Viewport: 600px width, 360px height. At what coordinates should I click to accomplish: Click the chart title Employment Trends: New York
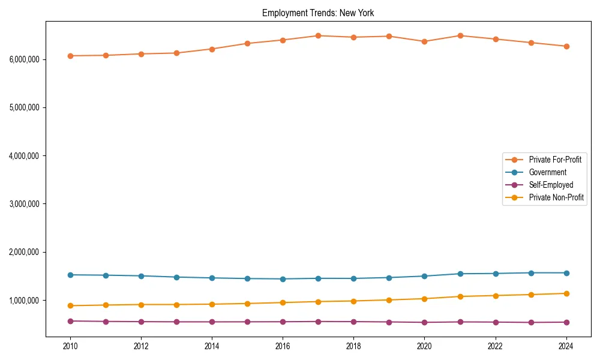(318, 13)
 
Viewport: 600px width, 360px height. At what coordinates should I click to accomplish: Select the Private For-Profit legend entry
(554, 160)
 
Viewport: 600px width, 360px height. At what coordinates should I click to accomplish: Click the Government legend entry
(547, 172)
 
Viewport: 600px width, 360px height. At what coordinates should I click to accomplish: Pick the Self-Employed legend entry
(551, 185)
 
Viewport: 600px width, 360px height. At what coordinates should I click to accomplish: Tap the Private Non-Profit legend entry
(556, 197)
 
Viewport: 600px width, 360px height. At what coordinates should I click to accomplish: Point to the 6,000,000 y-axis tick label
(25, 59)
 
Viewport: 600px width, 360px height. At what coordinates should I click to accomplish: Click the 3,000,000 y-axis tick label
(25, 204)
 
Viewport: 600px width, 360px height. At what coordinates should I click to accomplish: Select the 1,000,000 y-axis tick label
(25, 300)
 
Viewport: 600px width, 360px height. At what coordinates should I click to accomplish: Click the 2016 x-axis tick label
(283, 346)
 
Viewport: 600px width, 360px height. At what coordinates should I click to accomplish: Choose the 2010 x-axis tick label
(70, 346)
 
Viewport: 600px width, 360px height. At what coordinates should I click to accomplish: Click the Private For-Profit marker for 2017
(318, 35)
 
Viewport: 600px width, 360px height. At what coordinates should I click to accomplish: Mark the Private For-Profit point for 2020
(424, 41)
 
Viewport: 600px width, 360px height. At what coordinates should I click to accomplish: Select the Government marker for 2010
(70, 275)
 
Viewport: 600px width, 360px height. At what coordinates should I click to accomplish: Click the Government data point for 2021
(460, 274)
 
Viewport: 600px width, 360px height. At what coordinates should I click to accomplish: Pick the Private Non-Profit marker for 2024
(566, 293)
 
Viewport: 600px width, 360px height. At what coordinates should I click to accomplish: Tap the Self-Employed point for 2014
(212, 322)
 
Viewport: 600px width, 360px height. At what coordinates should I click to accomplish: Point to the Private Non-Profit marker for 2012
(141, 304)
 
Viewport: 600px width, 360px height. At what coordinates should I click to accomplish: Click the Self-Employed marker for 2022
(496, 322)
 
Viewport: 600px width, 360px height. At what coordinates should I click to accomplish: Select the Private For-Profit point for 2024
(566, 46)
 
